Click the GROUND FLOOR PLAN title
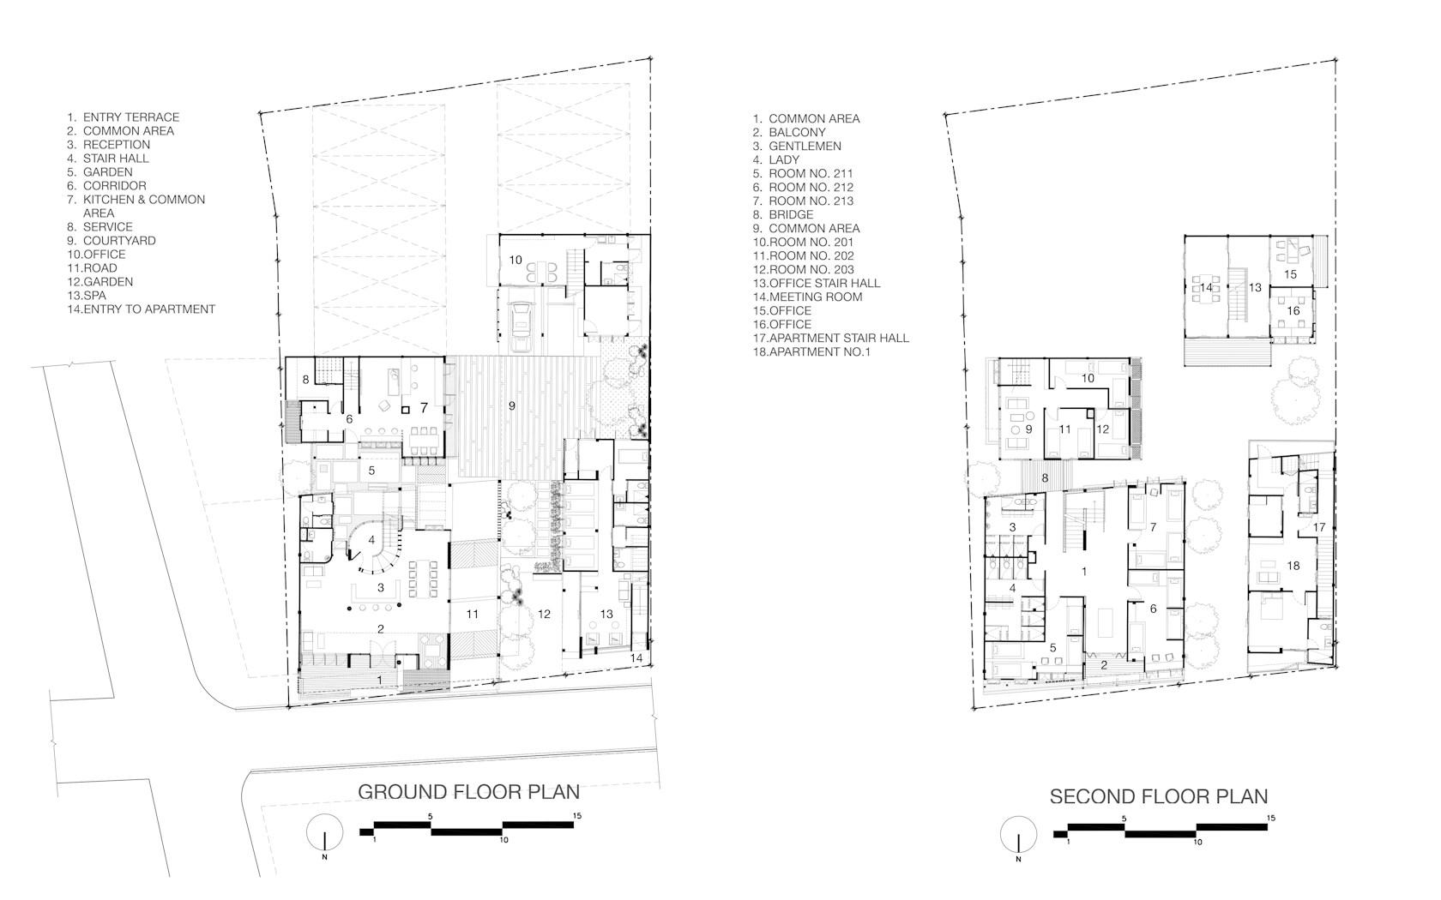click(468, 792)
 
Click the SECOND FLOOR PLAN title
click(1159, 796)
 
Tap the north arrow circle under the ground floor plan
click(325, 831)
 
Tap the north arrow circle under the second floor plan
click(1018, 835)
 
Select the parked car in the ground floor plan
click(522, 327)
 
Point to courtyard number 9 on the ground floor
click(512, 405)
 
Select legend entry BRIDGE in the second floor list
click(783, 214)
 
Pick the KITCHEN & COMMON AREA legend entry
click(136, 207)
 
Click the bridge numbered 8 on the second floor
click(1046, 477)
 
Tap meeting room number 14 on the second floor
click(1206, 287)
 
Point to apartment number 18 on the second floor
click(1293, 566)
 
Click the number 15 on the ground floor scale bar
click(577, 816)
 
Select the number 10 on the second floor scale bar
click(1197, 842)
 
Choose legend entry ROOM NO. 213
click(803, 201)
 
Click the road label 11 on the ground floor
click(472, 614)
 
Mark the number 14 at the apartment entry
click(636, 657)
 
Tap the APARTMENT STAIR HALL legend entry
click(831, 338)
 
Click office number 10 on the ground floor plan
click(516, 261)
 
